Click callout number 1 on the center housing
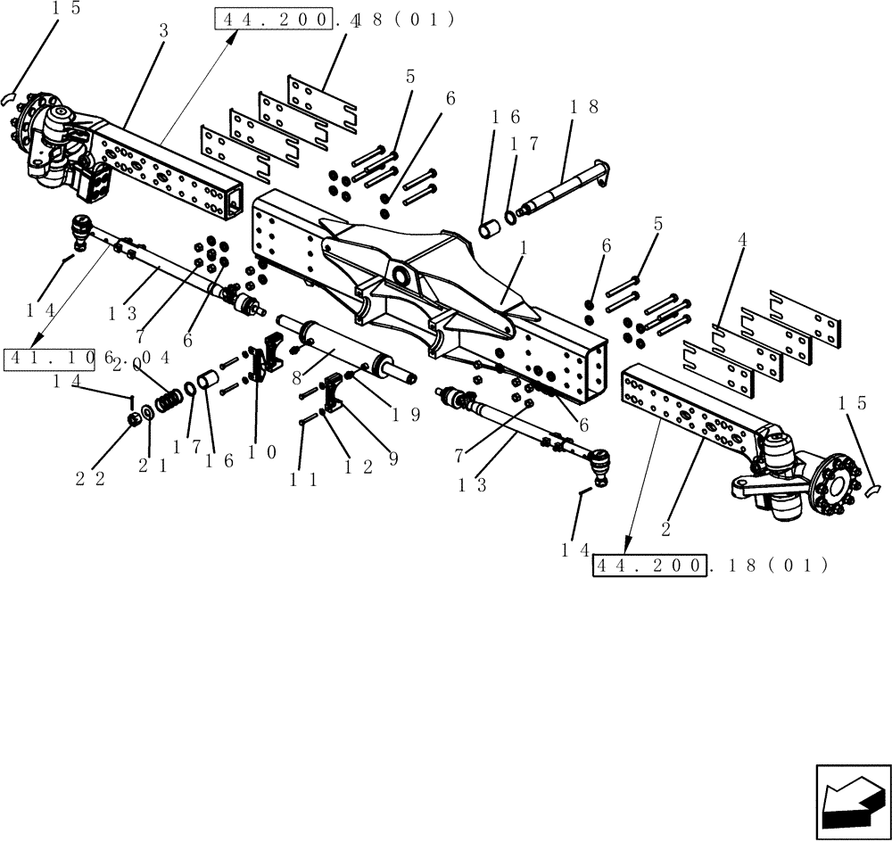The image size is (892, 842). [524, 252]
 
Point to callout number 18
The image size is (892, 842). [584, 107]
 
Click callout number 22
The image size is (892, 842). [89, 479]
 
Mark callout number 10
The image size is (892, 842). [261, 452]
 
